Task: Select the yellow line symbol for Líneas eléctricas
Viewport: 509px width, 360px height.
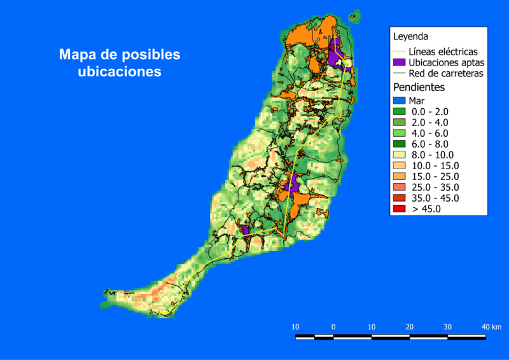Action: (x=400, y=52)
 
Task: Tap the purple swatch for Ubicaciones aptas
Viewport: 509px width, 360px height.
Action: (x=400, y=62)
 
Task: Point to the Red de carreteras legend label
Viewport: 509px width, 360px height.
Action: (x=445, y=73)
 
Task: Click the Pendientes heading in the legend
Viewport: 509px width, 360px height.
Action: (x=419, y=87)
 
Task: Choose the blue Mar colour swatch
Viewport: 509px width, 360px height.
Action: (x=400, y=100)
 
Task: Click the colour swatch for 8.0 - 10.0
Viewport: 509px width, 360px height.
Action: (x=400, y=155)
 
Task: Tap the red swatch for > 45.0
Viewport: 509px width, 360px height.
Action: (x=400, y=209)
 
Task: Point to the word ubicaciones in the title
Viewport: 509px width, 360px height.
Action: (x=119, y=72)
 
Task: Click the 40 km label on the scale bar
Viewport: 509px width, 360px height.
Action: (x=491, y=326)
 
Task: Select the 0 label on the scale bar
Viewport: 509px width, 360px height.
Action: (x=333, y=326)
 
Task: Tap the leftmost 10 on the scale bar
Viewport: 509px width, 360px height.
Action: (x=295, y=326)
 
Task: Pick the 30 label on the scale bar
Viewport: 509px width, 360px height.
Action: (x=448, y=326)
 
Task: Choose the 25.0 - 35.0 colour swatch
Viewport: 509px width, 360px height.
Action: (x=400, y=187)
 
